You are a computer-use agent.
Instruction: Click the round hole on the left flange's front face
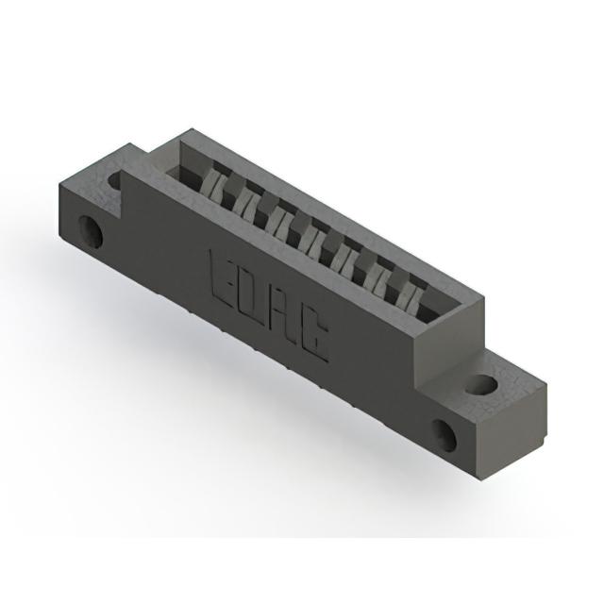[91, 232]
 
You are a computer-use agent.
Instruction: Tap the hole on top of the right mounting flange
[480, 384]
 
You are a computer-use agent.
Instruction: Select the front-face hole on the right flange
[445, 435]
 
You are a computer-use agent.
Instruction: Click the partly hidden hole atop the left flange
[114, 179]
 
